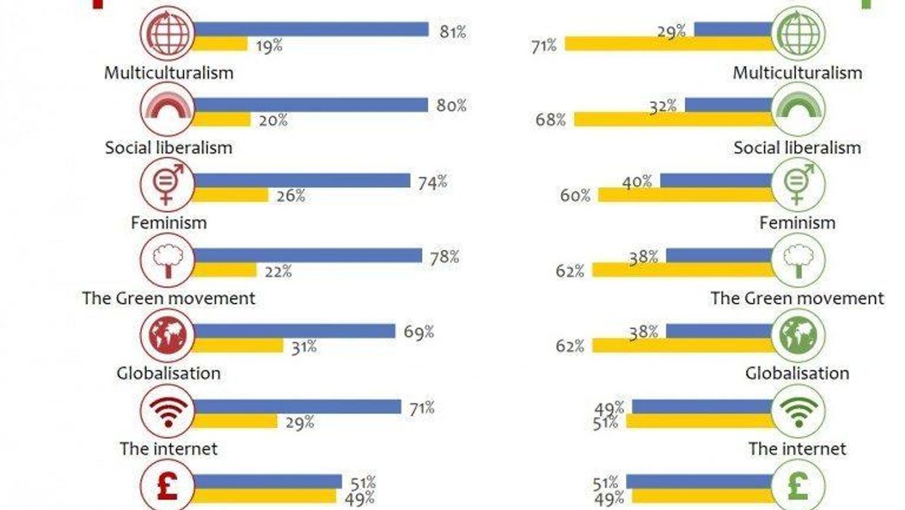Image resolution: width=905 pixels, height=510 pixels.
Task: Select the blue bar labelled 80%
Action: (310, 105)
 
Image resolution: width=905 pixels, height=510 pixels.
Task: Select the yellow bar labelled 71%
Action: (669, 44)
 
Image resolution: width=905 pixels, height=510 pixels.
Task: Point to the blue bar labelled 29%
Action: (733, 29)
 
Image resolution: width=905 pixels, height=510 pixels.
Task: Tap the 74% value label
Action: (432, 182)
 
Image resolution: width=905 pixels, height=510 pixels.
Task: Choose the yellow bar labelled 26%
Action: (230, 195)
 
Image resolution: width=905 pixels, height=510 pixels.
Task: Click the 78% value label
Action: (443, 257)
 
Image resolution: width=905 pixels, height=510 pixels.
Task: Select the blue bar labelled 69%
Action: (294, 331)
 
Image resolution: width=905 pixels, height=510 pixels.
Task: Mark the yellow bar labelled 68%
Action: (674, 119)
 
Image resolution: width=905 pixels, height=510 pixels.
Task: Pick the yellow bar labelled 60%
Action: (685, 195)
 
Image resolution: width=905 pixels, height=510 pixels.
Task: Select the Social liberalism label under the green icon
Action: (797, 147)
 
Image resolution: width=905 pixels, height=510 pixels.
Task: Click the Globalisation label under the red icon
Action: (168, 373)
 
